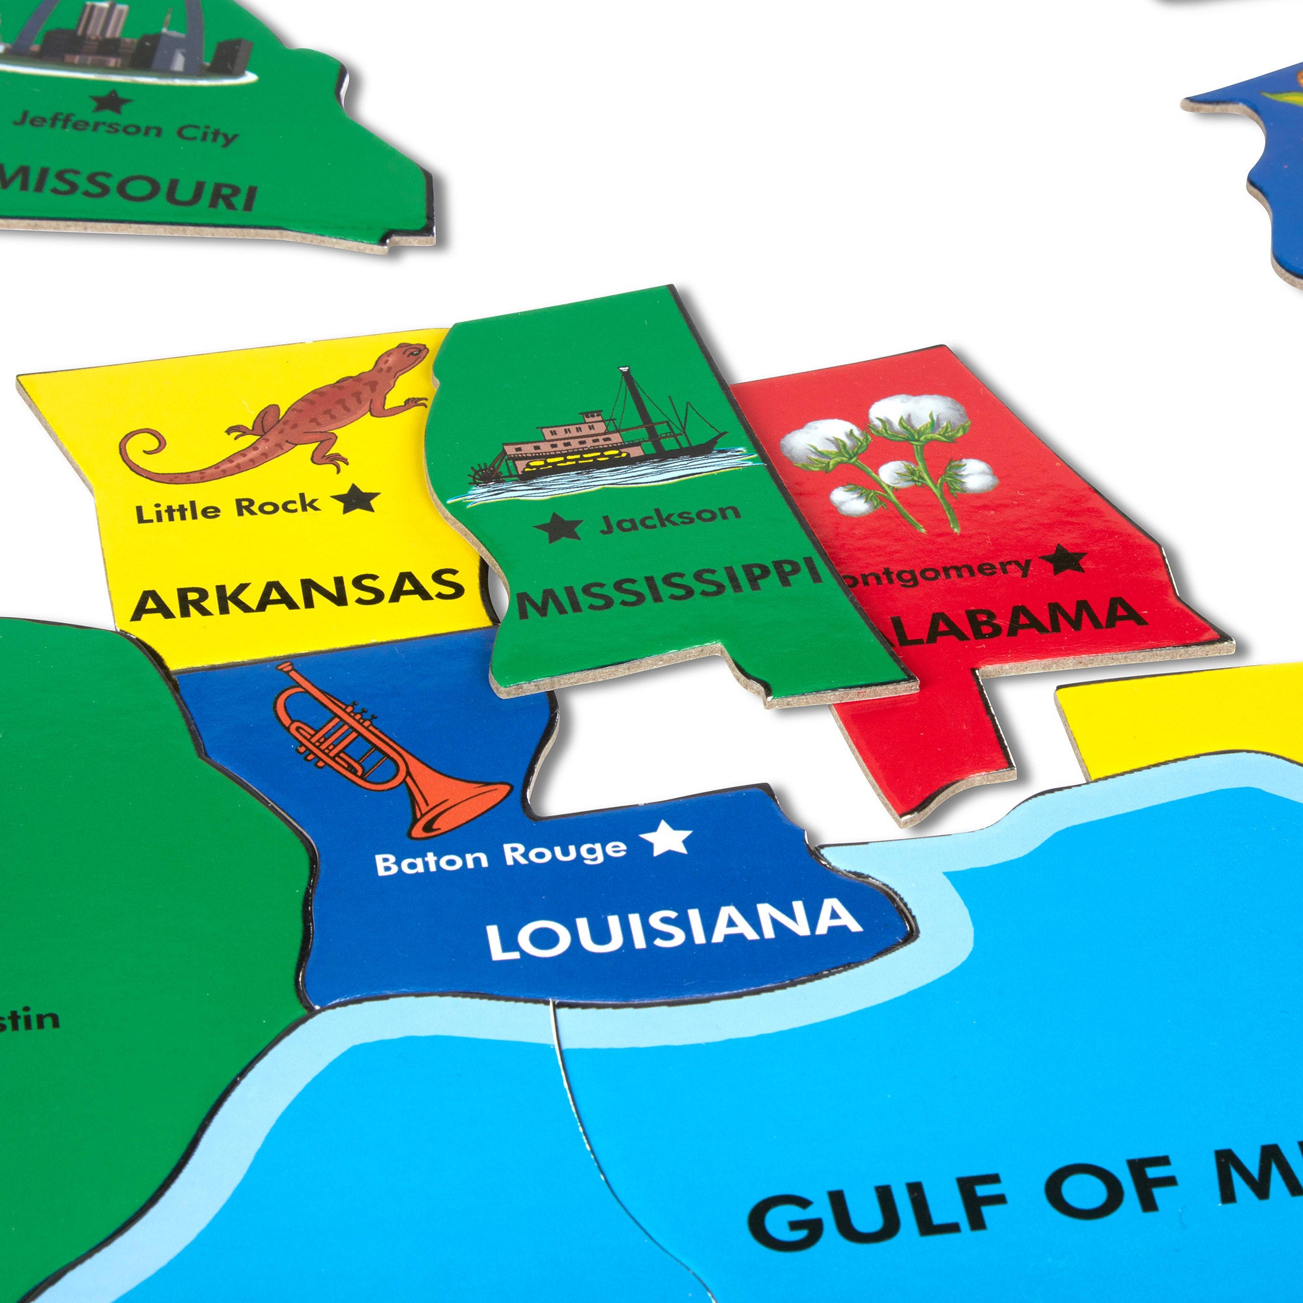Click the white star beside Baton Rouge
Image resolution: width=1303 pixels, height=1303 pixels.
point(665,838)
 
